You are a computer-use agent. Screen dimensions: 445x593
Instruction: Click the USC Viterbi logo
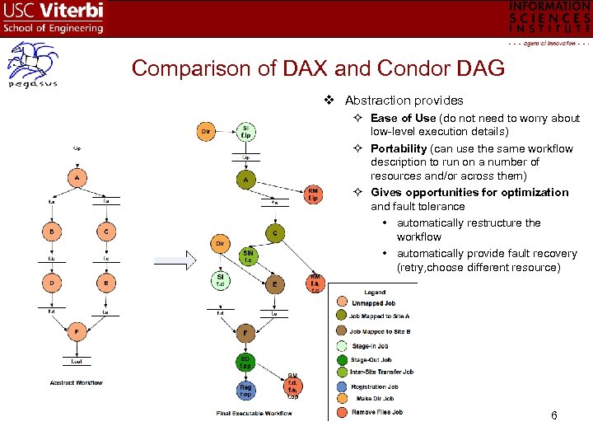pos(54,17)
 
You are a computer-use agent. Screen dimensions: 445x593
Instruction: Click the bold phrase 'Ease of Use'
pos(403,118)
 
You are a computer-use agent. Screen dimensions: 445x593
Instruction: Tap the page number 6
pos(554,415)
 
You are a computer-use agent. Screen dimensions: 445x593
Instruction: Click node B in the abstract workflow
pos(52,232)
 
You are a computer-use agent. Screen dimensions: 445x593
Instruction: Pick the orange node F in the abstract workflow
pos(77,332)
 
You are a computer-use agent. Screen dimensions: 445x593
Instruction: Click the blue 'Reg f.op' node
pos(245,389)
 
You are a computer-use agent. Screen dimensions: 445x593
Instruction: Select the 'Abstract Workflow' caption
pos(77,382)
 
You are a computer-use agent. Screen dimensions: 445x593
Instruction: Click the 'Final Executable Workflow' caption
pos(254,411)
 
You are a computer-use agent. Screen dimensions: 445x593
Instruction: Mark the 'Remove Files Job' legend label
pos(377,411)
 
